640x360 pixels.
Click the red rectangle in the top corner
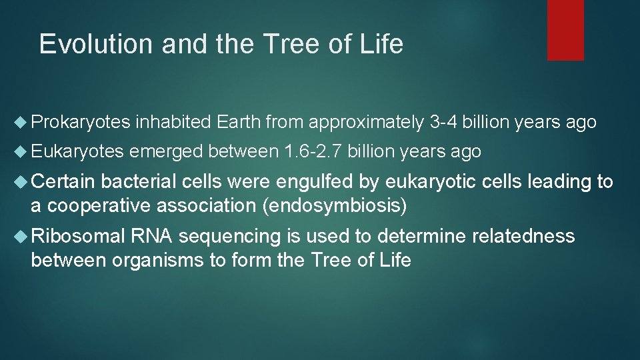pos(565,29)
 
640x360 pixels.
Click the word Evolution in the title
pos(88,44)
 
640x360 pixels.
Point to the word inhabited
pos(173,122)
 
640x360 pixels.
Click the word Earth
pos(238,122)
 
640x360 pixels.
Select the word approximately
pos(366,122)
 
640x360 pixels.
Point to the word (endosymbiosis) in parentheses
pos(335,205)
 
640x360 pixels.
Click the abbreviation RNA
pos(153,236)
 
